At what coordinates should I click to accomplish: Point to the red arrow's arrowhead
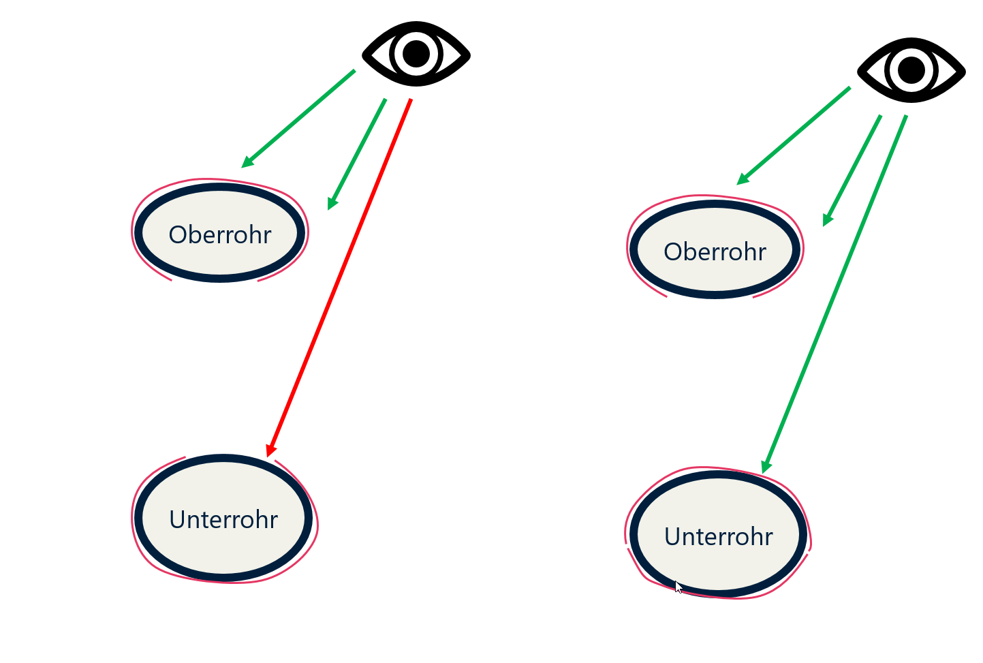[271, 451]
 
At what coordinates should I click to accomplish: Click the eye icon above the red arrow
[416, 54]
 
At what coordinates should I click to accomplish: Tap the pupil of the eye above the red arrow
[416, 54]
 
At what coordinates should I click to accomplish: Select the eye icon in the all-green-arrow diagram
[911, 70]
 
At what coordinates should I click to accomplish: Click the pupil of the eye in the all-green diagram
[911, 70]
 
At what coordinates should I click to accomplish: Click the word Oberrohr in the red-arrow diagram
[220, 235]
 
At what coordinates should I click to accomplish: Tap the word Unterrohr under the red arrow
[223, 520]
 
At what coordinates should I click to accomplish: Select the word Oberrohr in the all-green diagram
[715, 252]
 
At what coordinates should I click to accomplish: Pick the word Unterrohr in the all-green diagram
[719, 537]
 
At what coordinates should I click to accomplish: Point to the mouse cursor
[678, 587]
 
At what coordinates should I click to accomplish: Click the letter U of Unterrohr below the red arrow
[177, 520]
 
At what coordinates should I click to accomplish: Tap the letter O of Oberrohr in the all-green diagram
[672, 252]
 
